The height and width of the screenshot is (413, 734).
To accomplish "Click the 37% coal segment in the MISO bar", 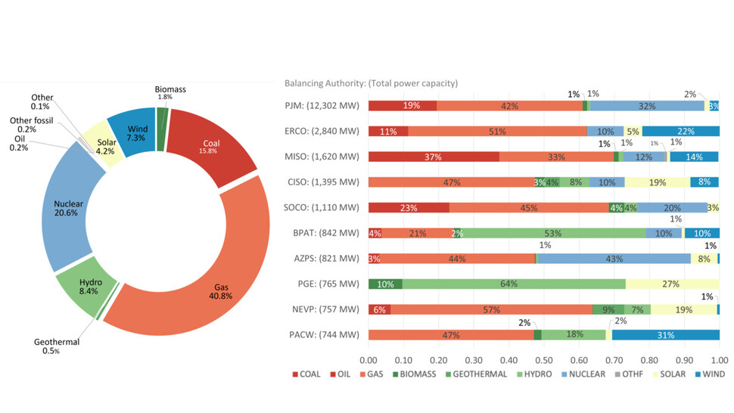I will [x=434, y=157].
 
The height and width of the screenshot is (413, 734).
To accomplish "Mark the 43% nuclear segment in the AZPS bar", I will [x=614, y=258].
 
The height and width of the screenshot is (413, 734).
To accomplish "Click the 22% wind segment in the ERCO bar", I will [x=680, y=131].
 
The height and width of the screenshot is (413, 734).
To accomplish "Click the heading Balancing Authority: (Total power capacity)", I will [x=371, y=83].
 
